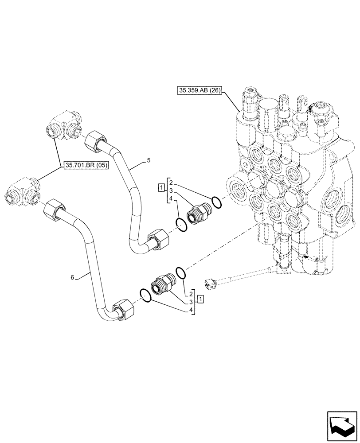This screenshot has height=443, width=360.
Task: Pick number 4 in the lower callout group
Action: tap(191, 310)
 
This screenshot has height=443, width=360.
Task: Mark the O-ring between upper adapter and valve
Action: tap(216, 202)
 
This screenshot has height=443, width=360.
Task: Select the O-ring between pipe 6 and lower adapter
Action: tap(146, 295)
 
